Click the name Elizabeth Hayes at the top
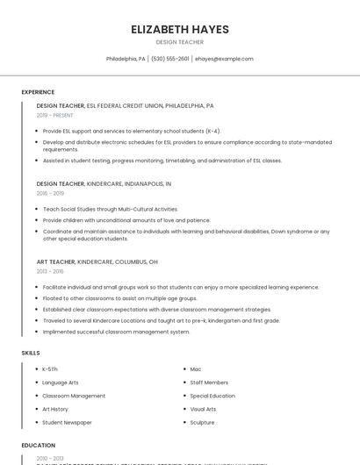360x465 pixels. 180,30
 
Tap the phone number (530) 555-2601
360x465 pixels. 169,59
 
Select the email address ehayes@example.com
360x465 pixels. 224,59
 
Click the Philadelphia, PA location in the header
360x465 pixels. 126,59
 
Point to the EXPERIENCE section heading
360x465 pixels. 38,92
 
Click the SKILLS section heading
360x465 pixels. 31,353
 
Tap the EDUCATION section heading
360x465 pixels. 39,446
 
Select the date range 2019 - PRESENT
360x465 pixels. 55,115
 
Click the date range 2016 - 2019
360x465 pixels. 50,193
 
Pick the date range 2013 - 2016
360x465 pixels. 50,271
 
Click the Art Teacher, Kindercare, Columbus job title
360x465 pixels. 97,261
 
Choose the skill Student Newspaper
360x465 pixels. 67,422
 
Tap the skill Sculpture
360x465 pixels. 202,422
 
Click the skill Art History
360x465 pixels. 55,409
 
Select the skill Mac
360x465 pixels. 196,369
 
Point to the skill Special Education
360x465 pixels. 212,396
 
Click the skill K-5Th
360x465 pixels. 50,369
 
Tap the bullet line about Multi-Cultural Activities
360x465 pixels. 110,210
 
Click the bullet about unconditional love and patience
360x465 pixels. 126,220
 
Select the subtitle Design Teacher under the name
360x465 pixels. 180,42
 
